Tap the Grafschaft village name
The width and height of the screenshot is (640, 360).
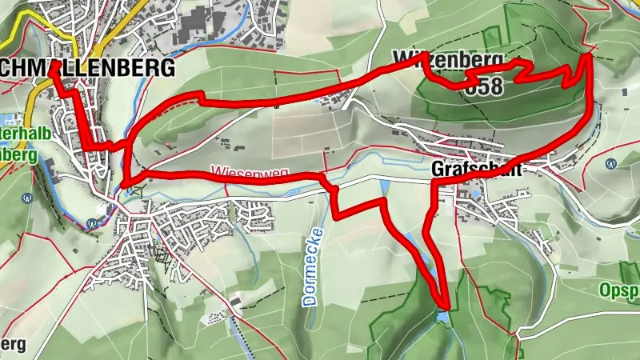click(x=476, y=170)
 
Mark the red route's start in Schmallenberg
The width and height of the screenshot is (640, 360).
click(x=53, y=68)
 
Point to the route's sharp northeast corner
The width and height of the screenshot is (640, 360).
click(x=590, y=54)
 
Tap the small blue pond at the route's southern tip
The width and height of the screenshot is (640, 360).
click(x=442, y=318)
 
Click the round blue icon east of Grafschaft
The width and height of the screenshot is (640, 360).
click(x=611, y=163)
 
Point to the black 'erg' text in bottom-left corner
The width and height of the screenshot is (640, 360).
click(x=12, y=343)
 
